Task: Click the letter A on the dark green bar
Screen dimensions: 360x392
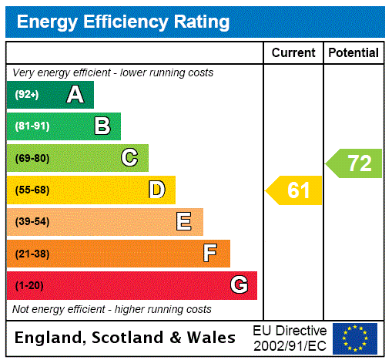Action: point(75,95)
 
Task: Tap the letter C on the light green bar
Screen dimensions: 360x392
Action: point(129,158)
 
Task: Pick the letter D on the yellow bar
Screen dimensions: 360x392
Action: point(156,190)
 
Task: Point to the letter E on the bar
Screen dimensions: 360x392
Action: point(184,222)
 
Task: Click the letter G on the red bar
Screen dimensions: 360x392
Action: point(239,285)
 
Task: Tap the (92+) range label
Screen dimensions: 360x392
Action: point(27,95)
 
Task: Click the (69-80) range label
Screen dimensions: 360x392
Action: point(32,158)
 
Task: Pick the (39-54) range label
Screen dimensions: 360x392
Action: point(32,222)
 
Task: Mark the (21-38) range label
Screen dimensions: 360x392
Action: point(32,254)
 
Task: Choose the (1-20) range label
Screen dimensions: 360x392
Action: point(29,286)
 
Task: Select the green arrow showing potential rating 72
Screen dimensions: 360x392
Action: point(354,163)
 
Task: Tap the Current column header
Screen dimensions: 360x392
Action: point(293,53)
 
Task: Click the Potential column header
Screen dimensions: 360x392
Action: point(353,53)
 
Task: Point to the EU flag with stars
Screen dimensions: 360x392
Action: point(355,338)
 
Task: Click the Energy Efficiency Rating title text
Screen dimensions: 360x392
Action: point(123,22)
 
